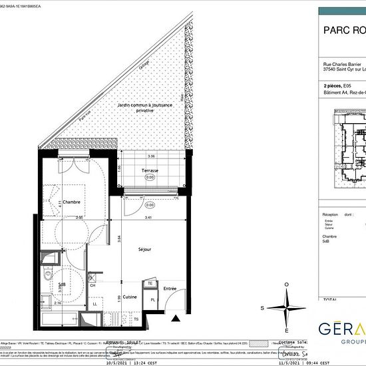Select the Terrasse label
point(150,171)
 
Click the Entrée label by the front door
point(170,288)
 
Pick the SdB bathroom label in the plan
point(61,285)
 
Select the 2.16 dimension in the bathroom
point(57,303)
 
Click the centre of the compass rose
point(287,307)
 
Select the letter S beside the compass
point(263,308)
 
